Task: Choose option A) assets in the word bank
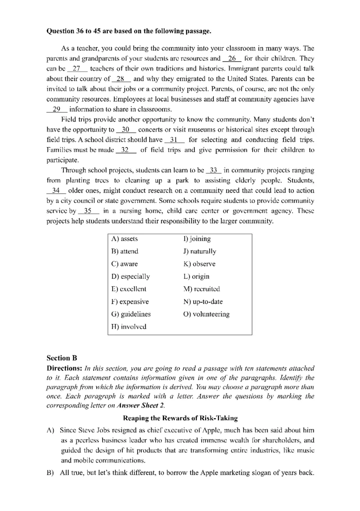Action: coord(124,239)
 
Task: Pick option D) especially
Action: coord(130,276)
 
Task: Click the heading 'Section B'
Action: coord(62,358)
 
